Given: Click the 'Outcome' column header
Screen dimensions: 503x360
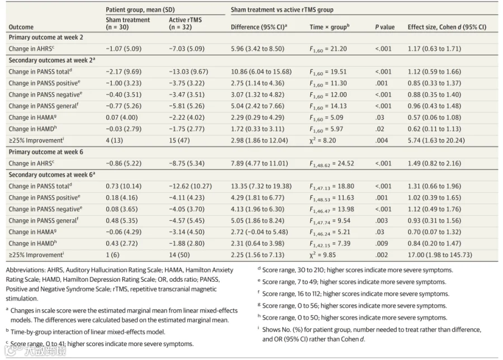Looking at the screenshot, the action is click(x=21, y=27).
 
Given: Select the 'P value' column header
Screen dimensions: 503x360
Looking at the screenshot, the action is click(x=385, y=27).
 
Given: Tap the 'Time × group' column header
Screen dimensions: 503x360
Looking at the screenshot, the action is click(x=329, y=27).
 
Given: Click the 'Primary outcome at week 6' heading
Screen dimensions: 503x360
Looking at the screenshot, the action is click(x=46, y=151).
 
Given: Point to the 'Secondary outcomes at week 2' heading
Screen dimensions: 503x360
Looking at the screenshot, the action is click(x=51, y=60).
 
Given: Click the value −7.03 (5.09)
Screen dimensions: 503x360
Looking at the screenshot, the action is click(x=186, y=49).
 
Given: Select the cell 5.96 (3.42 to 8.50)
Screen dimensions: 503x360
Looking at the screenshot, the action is click(x=257, y=49).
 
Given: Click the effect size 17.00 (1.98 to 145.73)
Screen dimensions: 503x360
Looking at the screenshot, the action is click(x=440, y=255).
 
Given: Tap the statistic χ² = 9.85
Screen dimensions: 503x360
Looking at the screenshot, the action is click(x=322, y=255).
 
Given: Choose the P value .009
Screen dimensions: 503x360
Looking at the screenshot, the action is click(x=381, y=243).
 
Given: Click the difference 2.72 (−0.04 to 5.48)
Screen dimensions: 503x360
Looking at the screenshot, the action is click(x=259, y=232).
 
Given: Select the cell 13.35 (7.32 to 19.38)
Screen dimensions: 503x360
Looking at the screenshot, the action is click(x=261, y=186).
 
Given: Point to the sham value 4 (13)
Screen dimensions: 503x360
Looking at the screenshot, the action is click(x=114, y=140).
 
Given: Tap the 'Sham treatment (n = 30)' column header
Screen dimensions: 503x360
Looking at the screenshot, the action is click(x=127, y=23).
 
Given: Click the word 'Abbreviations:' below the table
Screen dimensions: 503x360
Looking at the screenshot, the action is click(x=26, y=270).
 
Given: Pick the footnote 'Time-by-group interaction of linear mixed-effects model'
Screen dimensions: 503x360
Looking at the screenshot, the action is click(x=88, y=331).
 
